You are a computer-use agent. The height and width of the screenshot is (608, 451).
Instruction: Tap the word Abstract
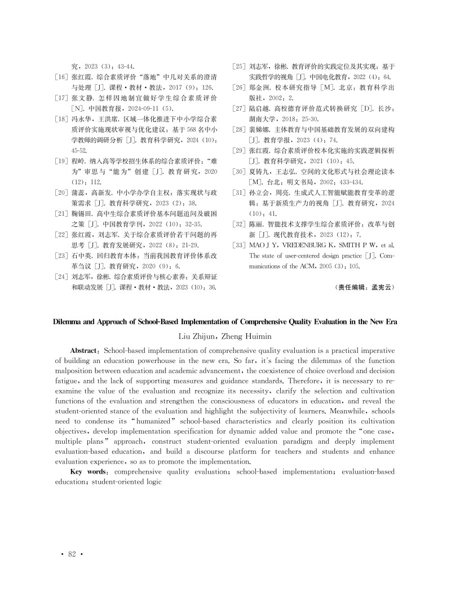coord(85,351)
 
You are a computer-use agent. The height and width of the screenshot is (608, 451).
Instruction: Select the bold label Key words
coord(89,471)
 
